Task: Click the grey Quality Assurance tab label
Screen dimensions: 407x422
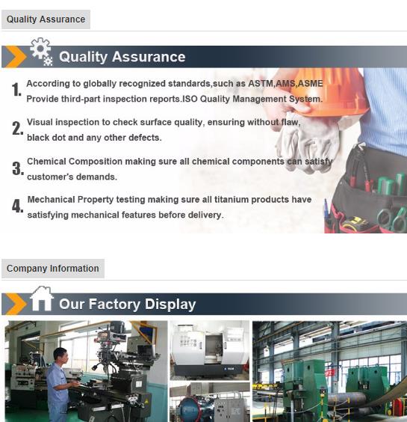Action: [46, 19]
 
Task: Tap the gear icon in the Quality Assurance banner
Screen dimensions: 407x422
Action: [41, 51]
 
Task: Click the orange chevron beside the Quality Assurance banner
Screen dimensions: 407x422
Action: [16, 57]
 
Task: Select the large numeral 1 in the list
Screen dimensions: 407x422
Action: [16, 89]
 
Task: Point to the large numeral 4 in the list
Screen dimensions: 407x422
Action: [17, 207]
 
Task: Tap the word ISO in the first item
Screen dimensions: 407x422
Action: [190, 99]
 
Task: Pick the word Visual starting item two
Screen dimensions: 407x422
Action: [40, 122]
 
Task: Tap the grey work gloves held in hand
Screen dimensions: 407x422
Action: [309, 143]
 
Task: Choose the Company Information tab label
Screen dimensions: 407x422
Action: [53, 269]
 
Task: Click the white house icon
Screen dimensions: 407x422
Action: [41, 299]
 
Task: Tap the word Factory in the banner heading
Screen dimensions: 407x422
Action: [114, 304]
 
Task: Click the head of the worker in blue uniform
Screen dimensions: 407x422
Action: [60, 355]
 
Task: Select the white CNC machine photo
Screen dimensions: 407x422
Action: [210, 350]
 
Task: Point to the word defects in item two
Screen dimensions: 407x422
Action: [145, 138]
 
